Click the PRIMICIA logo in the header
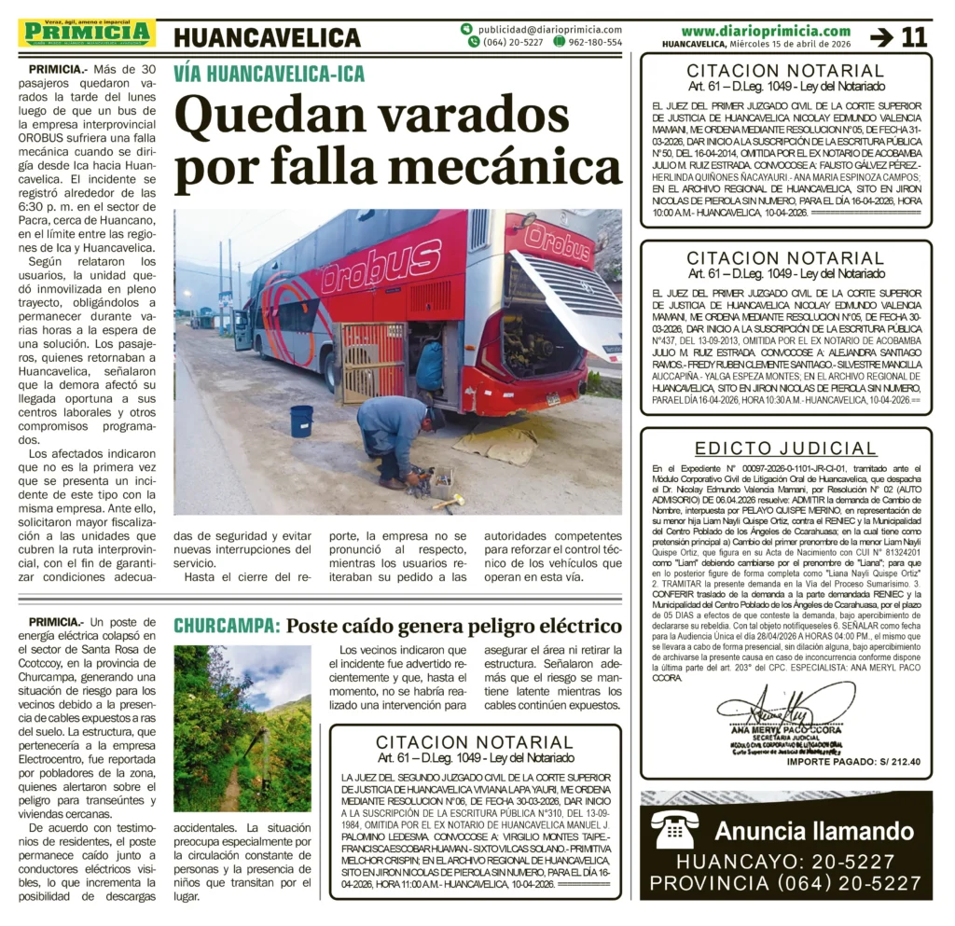(x=87, y=33)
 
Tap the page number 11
(x=914, y=37)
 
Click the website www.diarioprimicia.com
(x=765, y=31)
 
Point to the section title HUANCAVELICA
(x=267, y=37)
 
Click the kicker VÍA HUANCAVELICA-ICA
(x=269, y=75)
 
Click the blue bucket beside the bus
(x=301, y=421)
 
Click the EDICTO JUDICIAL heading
(x=785, y=449)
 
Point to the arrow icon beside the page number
(x=880, y=37)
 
